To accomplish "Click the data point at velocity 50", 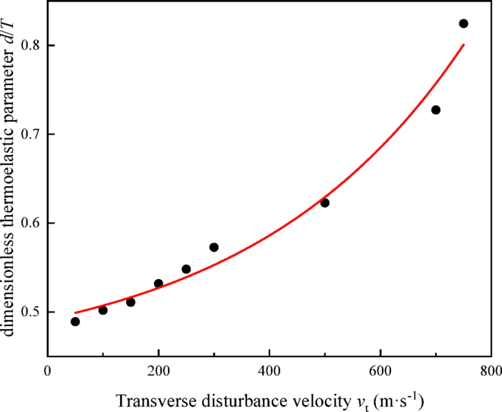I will point(75,322).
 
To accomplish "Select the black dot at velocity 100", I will point(103,310).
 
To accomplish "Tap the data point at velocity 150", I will point(131,302).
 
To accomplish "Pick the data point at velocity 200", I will point(159,284).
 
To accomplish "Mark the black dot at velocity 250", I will point(186,269).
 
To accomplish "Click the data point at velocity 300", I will point(214,247).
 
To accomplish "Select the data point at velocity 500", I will point(325,203).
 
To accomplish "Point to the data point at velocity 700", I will point(436,109).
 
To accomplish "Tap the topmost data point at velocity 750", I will point(463,24).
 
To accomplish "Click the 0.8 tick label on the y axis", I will point(28,46).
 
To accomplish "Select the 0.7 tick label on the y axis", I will point(28,135).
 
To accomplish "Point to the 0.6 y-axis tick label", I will point(28,223).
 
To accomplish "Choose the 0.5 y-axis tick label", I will point(28,312).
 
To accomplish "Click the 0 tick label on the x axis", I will point(48,371).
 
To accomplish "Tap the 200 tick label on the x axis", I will point(159,371).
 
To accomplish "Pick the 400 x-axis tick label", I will point(270,371).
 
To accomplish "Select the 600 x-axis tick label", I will point(380,371).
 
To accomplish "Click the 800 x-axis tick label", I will point(491,371).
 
